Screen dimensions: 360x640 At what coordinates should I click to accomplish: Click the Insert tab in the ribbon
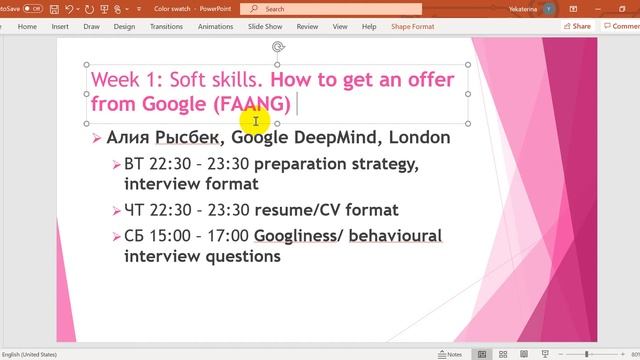[x=60, y=26]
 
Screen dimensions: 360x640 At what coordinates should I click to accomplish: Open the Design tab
[x=124, y=26]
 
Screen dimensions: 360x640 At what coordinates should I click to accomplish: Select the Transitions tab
[x=166, y=26]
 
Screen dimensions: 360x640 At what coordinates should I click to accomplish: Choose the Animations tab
[x=215, y=26]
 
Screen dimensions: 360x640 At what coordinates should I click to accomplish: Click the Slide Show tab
[x=265, y=26]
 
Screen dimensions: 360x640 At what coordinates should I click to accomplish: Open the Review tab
[x=308, y=26]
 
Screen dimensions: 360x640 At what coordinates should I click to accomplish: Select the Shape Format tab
[x=414, y=26]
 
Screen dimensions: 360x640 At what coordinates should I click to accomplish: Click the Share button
[x=578, y=26]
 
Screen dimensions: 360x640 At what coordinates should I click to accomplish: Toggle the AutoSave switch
[x=34, y=8]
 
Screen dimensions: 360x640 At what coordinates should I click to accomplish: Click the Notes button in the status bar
[x=450, y=354]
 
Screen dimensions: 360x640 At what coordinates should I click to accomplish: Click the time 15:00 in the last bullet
[x=171, y=236]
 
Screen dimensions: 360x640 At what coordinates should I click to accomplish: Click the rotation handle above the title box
[x=277, y=47]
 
